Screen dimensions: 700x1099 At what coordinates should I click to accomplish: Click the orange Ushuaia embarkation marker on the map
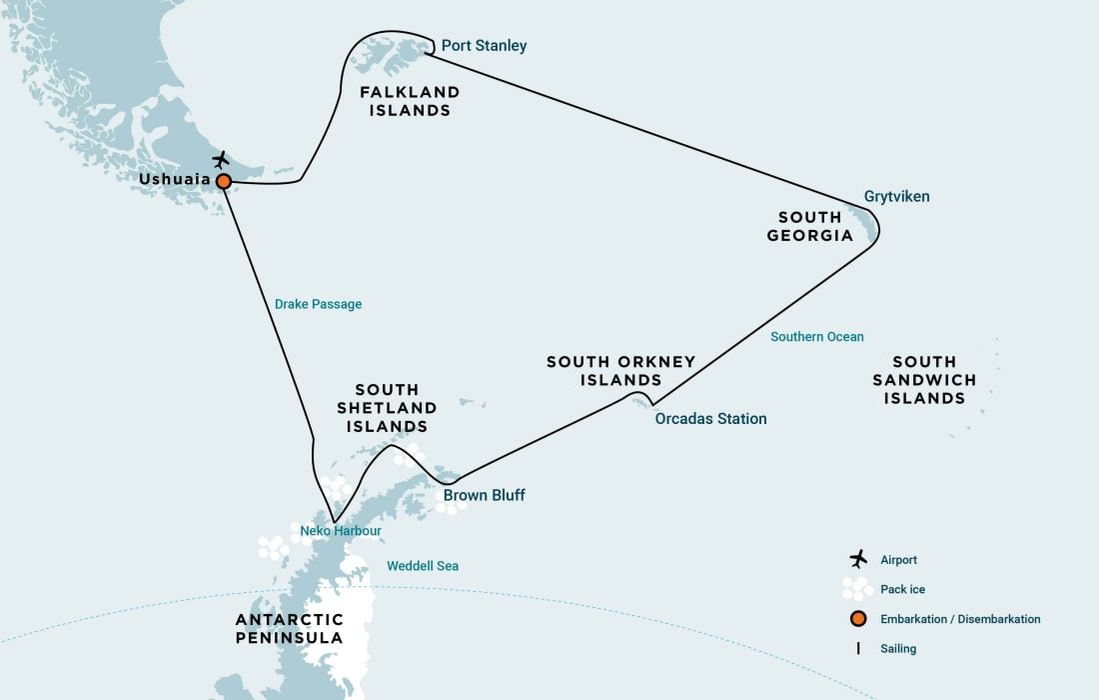(224, 181)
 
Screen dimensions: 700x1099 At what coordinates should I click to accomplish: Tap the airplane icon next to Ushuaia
(221, 160)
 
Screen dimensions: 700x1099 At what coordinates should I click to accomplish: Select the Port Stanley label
(484, 46)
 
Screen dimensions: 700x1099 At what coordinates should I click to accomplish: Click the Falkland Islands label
(410, 101)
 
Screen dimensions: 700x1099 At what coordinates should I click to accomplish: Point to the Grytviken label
(896, 197)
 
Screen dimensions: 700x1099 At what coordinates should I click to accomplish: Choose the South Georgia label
(810, 226)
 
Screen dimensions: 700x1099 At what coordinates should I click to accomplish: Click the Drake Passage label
(318, 304)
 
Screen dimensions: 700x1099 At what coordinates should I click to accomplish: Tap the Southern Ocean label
(816, 337)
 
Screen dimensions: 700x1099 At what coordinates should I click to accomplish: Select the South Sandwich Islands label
(924, 380)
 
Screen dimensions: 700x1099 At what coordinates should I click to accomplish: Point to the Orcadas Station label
(710, 419)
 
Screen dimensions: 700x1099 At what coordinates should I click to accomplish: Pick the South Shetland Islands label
(387, 408)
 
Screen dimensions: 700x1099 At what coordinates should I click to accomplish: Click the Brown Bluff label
(484, 496)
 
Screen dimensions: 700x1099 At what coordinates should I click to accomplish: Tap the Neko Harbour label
(341, 531)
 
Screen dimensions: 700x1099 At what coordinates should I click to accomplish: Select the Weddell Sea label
(423, 566)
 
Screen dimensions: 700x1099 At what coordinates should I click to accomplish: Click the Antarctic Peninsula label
(289, 629)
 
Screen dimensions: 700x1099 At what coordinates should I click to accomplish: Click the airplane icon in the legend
(857, 559)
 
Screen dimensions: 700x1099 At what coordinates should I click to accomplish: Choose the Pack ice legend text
(903, 590)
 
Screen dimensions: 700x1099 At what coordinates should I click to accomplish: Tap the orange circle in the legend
(857, 619)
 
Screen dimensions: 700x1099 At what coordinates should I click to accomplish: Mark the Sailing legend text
(898, 649)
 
